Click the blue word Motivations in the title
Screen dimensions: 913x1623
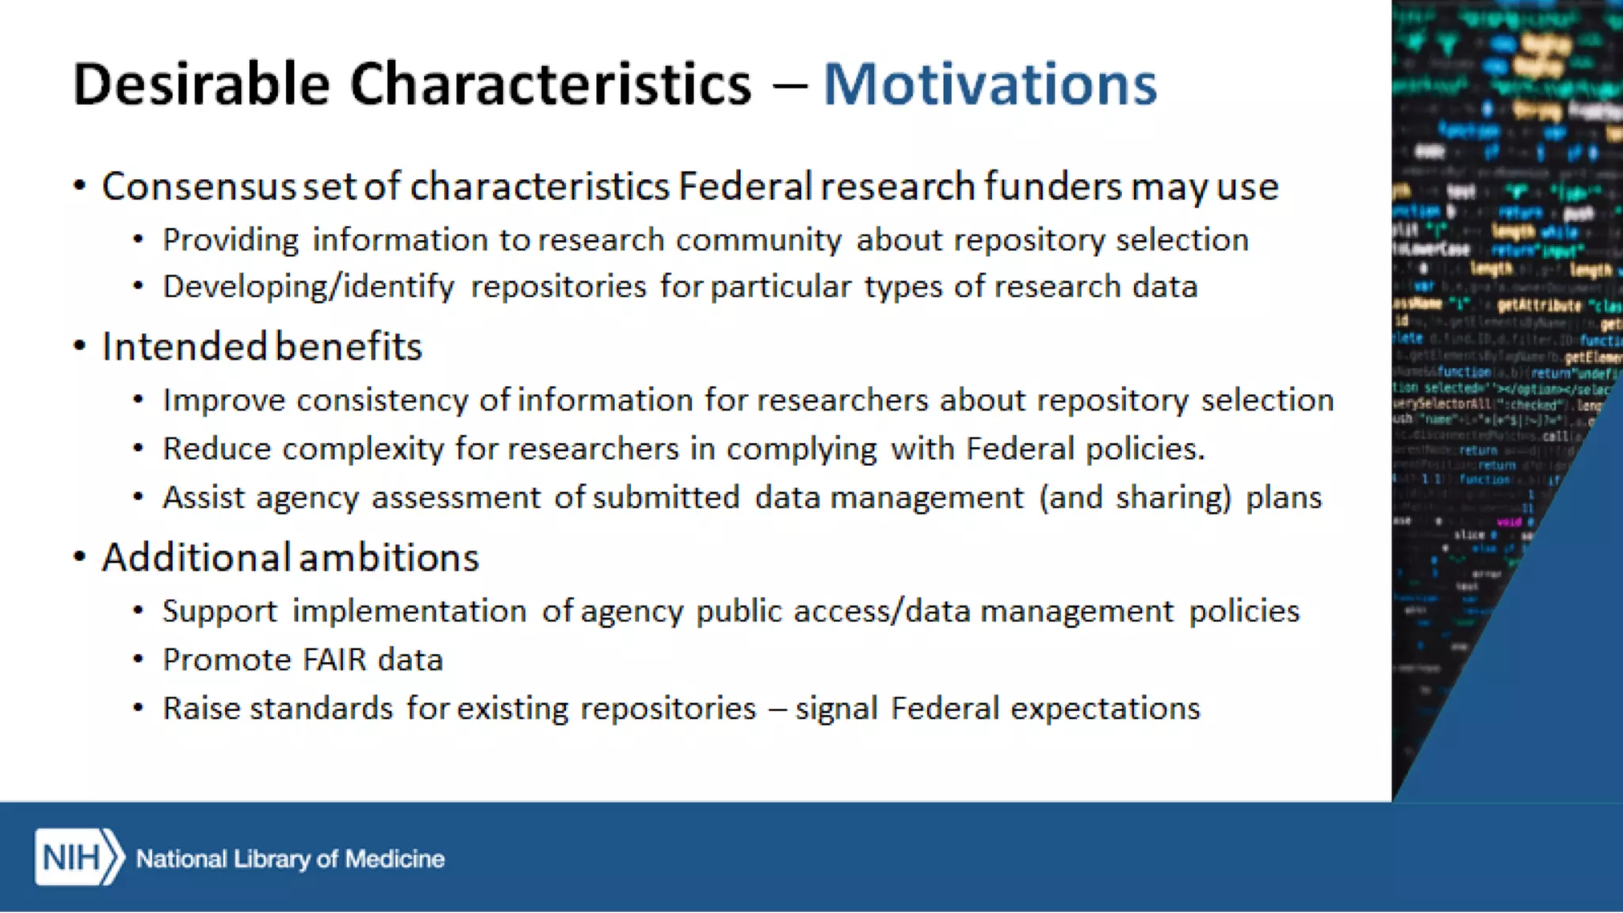tap(990, 84)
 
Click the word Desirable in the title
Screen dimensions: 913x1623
tap(201, 84)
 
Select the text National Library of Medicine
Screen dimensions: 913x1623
tap(290, 859)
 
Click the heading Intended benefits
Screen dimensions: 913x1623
tap(262, 347)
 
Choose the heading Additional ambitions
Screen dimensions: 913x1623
tap(290, 557)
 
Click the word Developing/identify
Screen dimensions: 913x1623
tap(308, 287)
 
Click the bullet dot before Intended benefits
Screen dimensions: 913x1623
tap(79, 346)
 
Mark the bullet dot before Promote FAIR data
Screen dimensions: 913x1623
tap(139, 659)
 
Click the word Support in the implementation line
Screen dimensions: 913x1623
tap(220, 612)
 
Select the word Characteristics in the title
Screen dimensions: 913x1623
tap(550, 84)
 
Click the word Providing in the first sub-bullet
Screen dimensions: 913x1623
tap(230, 240)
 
